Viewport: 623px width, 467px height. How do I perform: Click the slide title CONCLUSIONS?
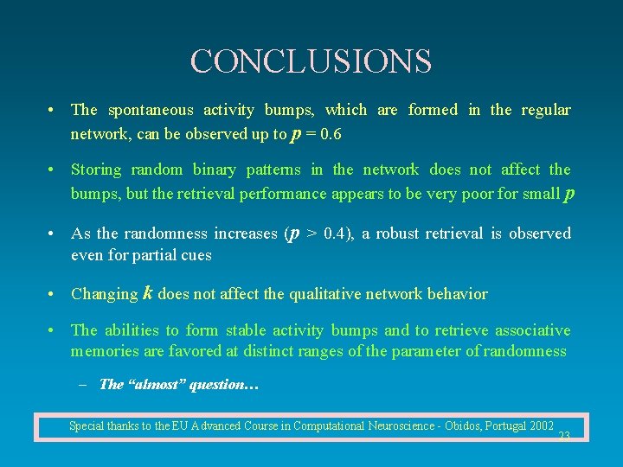311,61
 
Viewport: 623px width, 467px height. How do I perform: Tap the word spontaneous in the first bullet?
151,110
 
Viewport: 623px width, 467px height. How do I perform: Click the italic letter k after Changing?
148,293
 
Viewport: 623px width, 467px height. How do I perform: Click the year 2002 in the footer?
540,425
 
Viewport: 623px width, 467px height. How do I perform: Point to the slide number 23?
564,436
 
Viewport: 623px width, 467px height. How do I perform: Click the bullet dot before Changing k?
54,294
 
